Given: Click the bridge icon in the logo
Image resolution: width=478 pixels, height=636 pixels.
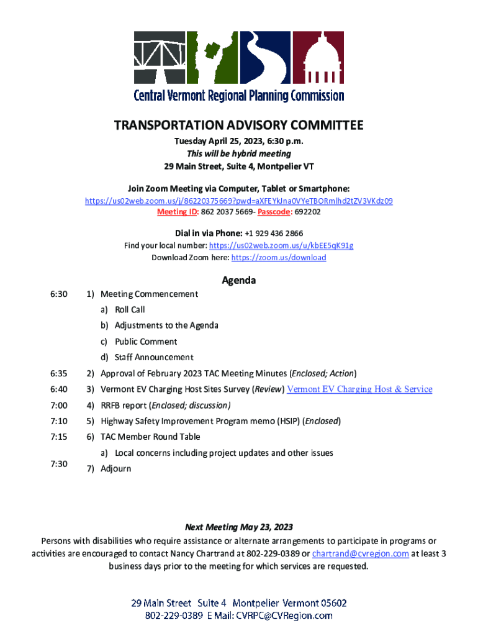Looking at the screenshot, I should (x=159, y=58).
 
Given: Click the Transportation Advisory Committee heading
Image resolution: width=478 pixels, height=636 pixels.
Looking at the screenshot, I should (x=238, y=126).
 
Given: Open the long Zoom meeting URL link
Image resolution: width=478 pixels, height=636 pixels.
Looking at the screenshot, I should (x=238, y=201).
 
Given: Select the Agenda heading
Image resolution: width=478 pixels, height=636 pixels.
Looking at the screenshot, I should (x=238, y=280).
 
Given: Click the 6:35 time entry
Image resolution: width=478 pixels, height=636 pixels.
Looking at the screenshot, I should (x=58, y=373).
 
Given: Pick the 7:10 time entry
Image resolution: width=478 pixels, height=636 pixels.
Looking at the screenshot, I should (x=58, y=421).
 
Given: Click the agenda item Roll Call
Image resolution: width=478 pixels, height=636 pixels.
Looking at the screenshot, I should (x=130, y=309).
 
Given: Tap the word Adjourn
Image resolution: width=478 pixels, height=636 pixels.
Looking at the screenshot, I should (x=116, y=468).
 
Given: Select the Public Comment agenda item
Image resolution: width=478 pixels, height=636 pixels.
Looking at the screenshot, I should (x=146, y=342).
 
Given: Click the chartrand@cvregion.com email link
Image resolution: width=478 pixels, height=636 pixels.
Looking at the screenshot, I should (x=360, y=554).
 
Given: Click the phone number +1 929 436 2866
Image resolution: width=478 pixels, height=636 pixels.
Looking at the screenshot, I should (x=274, y=233).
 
